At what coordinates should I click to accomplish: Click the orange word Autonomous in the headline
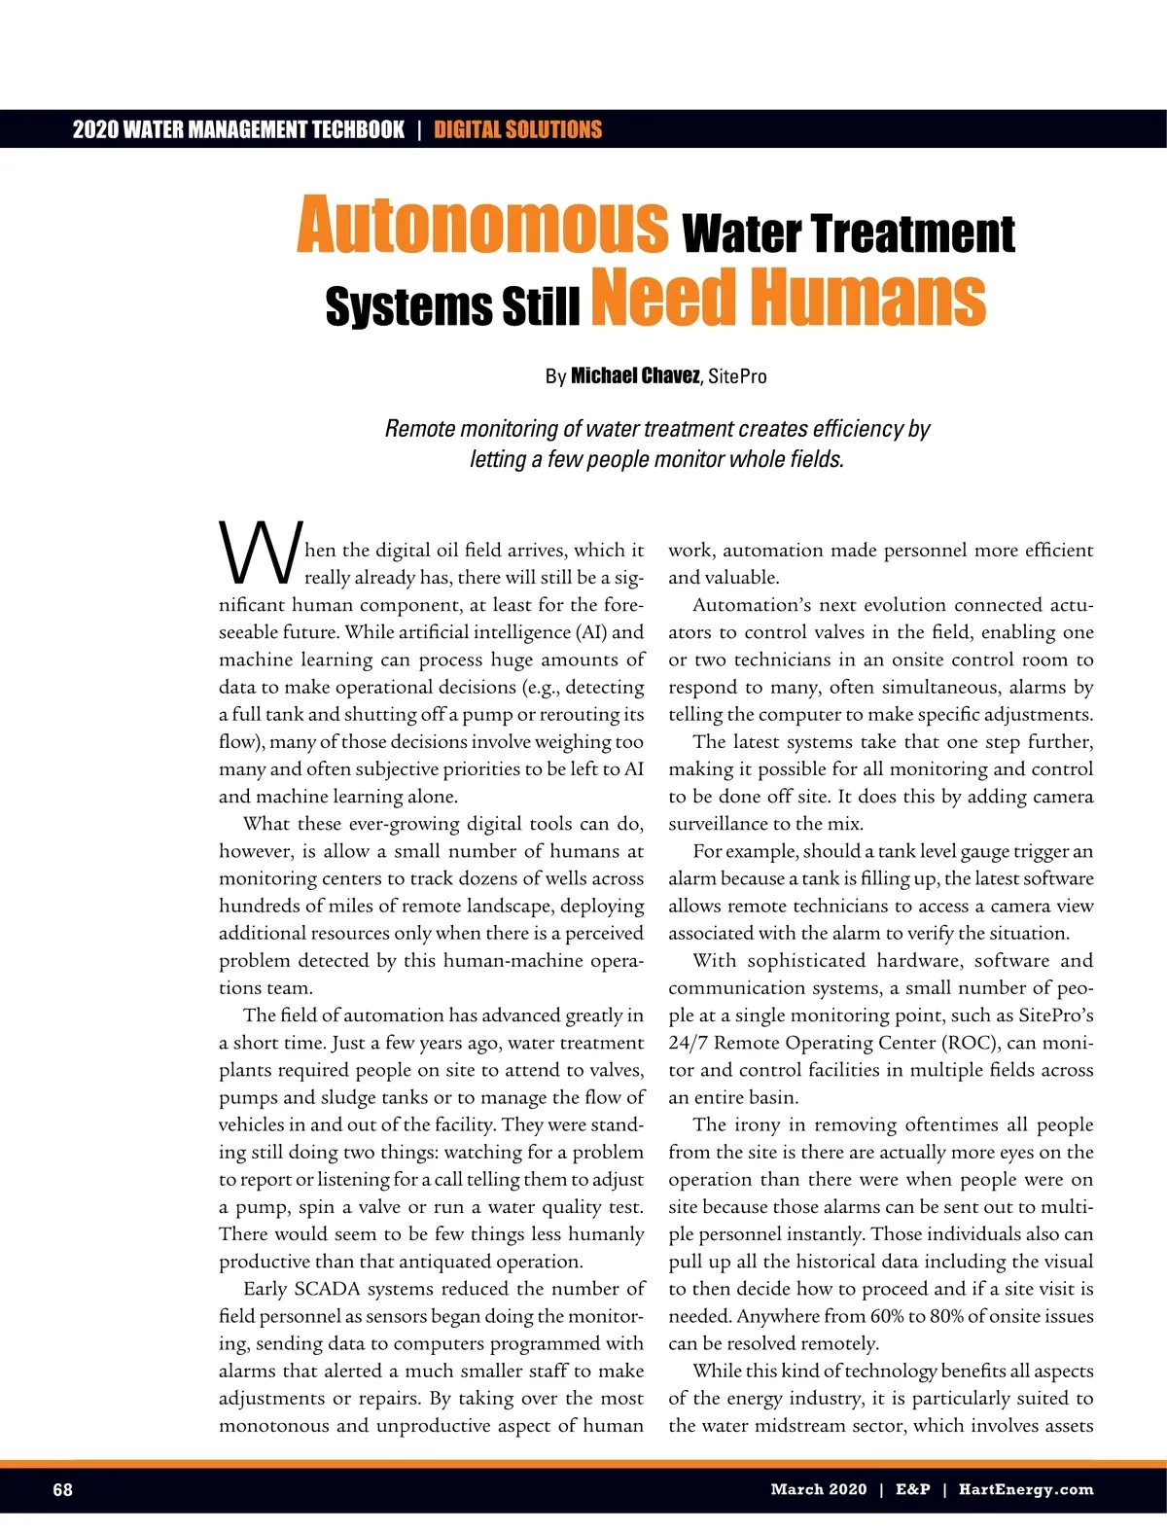(482, 226)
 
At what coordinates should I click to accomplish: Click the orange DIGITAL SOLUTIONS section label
(517, 129)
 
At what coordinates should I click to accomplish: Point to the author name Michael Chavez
(634, 376)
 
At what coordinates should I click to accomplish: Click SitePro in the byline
(737, 376)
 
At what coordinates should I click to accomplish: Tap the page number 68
(62, 1489)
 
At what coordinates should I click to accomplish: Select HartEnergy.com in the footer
(1026, 1489)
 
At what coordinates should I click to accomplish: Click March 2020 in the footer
(818, 1489)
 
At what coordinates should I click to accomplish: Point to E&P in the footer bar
(912, 1489)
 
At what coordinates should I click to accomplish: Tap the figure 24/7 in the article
(688, 1043)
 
